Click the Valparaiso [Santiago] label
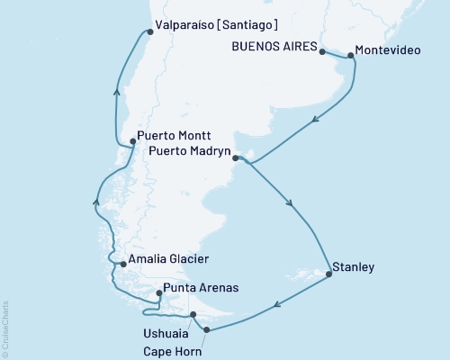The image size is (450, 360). click(216, 24)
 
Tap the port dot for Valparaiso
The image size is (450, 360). click(148, 32)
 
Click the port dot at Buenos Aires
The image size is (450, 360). click(321, 52)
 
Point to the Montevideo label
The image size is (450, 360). click(384, 51)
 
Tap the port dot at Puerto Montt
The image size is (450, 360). click(132, 140)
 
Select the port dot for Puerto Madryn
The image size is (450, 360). click(236, 159)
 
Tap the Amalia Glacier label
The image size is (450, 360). click(168, 259)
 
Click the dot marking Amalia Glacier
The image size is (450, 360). click(122, 264)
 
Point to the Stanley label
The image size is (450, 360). click(353, 267)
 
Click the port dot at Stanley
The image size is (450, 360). click(328, 274)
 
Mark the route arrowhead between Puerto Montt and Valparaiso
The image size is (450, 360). click(116, 89)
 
